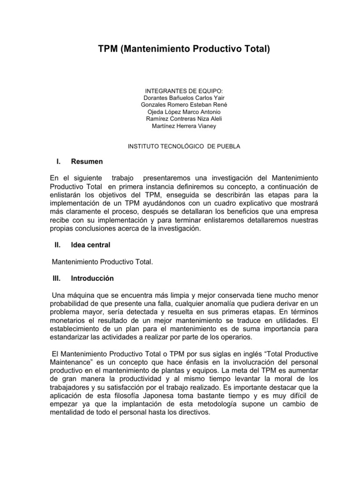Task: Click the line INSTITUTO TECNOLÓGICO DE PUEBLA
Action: coord(184,146)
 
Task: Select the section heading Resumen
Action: coord(87,162)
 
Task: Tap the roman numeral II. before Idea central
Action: coord(58,244)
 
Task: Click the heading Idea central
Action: coord(90,244)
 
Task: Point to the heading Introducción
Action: coord(92,278)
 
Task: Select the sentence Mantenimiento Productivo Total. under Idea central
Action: coord(102,261)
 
